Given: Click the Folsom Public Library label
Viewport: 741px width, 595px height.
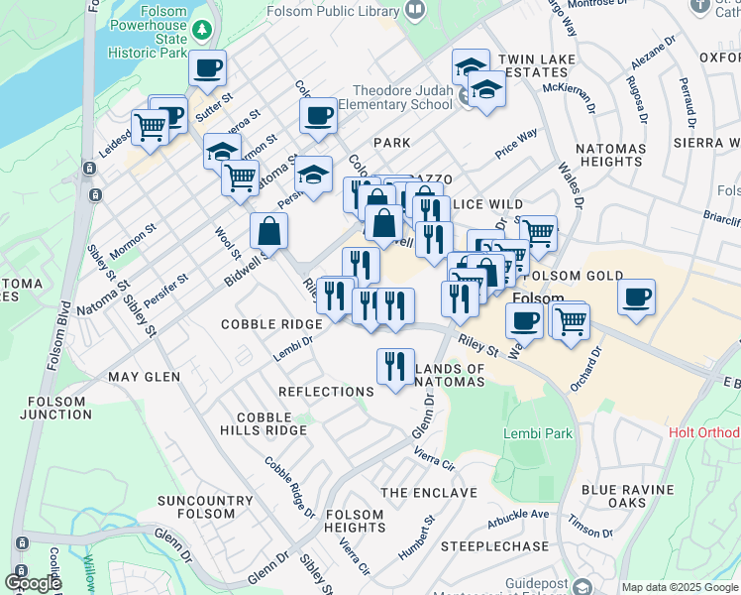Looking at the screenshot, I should (x=332, y=10).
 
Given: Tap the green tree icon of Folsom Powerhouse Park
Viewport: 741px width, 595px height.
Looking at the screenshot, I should (x=203, y=31).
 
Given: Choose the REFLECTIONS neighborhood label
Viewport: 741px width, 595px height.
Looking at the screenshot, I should (x=326, y=392).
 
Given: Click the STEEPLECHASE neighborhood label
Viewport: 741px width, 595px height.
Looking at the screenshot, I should (x=494, y=546).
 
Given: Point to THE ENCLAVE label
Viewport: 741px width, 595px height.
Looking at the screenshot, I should (x=429, y=492).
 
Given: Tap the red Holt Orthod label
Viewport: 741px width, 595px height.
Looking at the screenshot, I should (x=703, y=432).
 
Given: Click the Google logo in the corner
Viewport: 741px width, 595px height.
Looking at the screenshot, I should (x=33, y=583).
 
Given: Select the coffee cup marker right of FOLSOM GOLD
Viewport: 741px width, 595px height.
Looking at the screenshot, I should (x=636, y=296).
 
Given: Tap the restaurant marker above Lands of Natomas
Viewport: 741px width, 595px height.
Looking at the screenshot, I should (x=395, y=366).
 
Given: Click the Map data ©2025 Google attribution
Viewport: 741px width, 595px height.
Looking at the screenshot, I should (x=680, y=587).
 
